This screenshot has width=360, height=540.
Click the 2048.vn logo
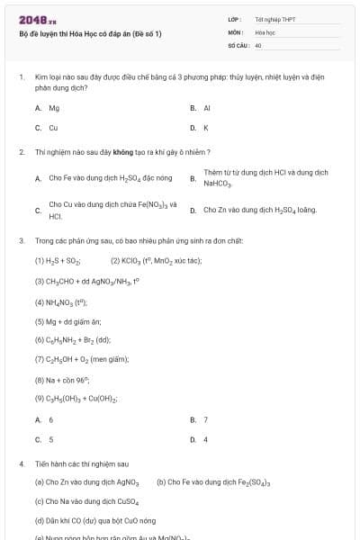[x=31, y=19]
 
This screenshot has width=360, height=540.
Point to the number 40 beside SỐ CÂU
[x=258, y=44]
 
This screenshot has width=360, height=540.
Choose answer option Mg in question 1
[x=54, y=107]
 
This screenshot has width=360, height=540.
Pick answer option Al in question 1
[x=206, y=107]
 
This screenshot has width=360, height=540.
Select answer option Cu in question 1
[x=53, y=128]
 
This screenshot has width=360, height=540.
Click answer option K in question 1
[x=205, y=128]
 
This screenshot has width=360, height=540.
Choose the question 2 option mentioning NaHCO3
[x=265, y=177]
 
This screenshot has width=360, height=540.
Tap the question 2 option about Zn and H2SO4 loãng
[x=259, y=210]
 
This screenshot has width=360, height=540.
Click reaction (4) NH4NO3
[x=61, y=301]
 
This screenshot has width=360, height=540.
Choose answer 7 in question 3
[x=205, y=419]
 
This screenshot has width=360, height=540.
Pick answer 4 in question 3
[x=205, y=439]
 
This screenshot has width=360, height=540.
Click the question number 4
[x=21, y=463]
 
